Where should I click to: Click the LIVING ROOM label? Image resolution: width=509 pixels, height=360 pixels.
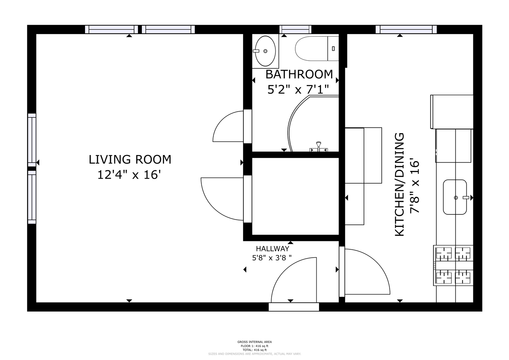tap(130, 160)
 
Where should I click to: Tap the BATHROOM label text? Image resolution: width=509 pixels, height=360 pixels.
tap(299, 75)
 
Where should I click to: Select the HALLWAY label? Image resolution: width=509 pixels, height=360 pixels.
tap(272, 249)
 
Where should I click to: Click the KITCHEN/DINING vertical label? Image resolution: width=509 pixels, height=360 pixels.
tap(399, 184)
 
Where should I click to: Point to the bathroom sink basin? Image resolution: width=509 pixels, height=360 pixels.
tap(265, 51)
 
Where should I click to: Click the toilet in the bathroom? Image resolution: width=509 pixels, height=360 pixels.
tap(317, 49)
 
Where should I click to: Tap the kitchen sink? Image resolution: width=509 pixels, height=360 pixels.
tap(455, 197)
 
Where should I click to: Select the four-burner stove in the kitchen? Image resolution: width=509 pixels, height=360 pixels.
tap(453, 265)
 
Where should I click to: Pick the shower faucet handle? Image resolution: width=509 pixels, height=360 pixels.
tap(319, 146)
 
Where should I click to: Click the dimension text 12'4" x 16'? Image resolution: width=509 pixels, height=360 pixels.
tap(129, 175)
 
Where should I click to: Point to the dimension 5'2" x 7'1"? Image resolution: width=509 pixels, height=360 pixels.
tap(298, 89)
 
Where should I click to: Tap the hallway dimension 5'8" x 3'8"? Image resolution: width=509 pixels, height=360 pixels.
tap(272, 258)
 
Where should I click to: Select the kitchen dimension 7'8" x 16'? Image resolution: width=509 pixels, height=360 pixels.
tap(414, 187)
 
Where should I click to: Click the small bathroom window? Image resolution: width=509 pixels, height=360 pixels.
tap(295, 30)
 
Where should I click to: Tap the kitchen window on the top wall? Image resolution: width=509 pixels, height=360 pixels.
tap(406, 30)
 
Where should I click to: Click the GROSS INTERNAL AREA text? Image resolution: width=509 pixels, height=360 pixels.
tap(255, 342)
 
